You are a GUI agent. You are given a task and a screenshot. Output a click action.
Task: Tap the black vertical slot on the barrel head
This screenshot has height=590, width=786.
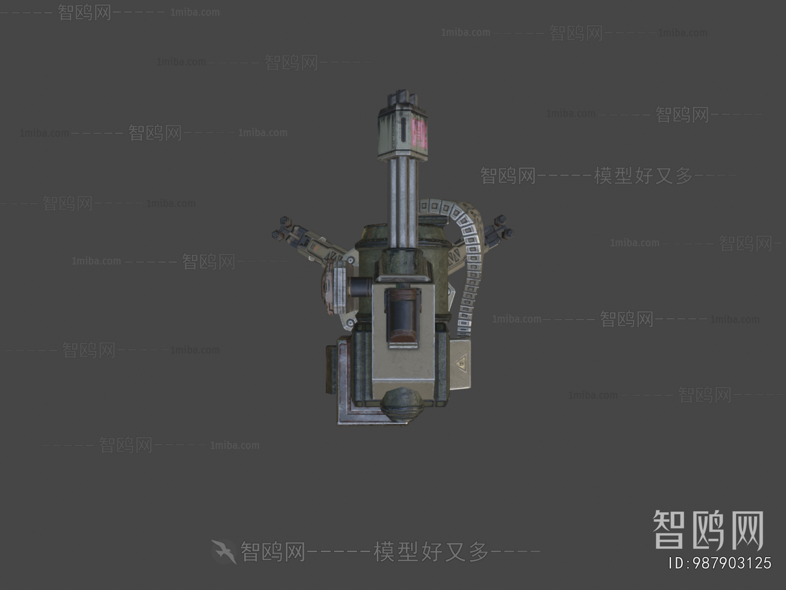(x=403, y=130)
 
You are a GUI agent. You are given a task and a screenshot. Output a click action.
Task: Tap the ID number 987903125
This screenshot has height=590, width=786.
(x=720, y=563)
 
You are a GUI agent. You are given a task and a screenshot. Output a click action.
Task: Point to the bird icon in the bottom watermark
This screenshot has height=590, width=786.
(x=224, y=551)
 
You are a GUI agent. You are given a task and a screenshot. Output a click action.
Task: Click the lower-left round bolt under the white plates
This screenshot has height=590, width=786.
(x=350, y=323)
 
